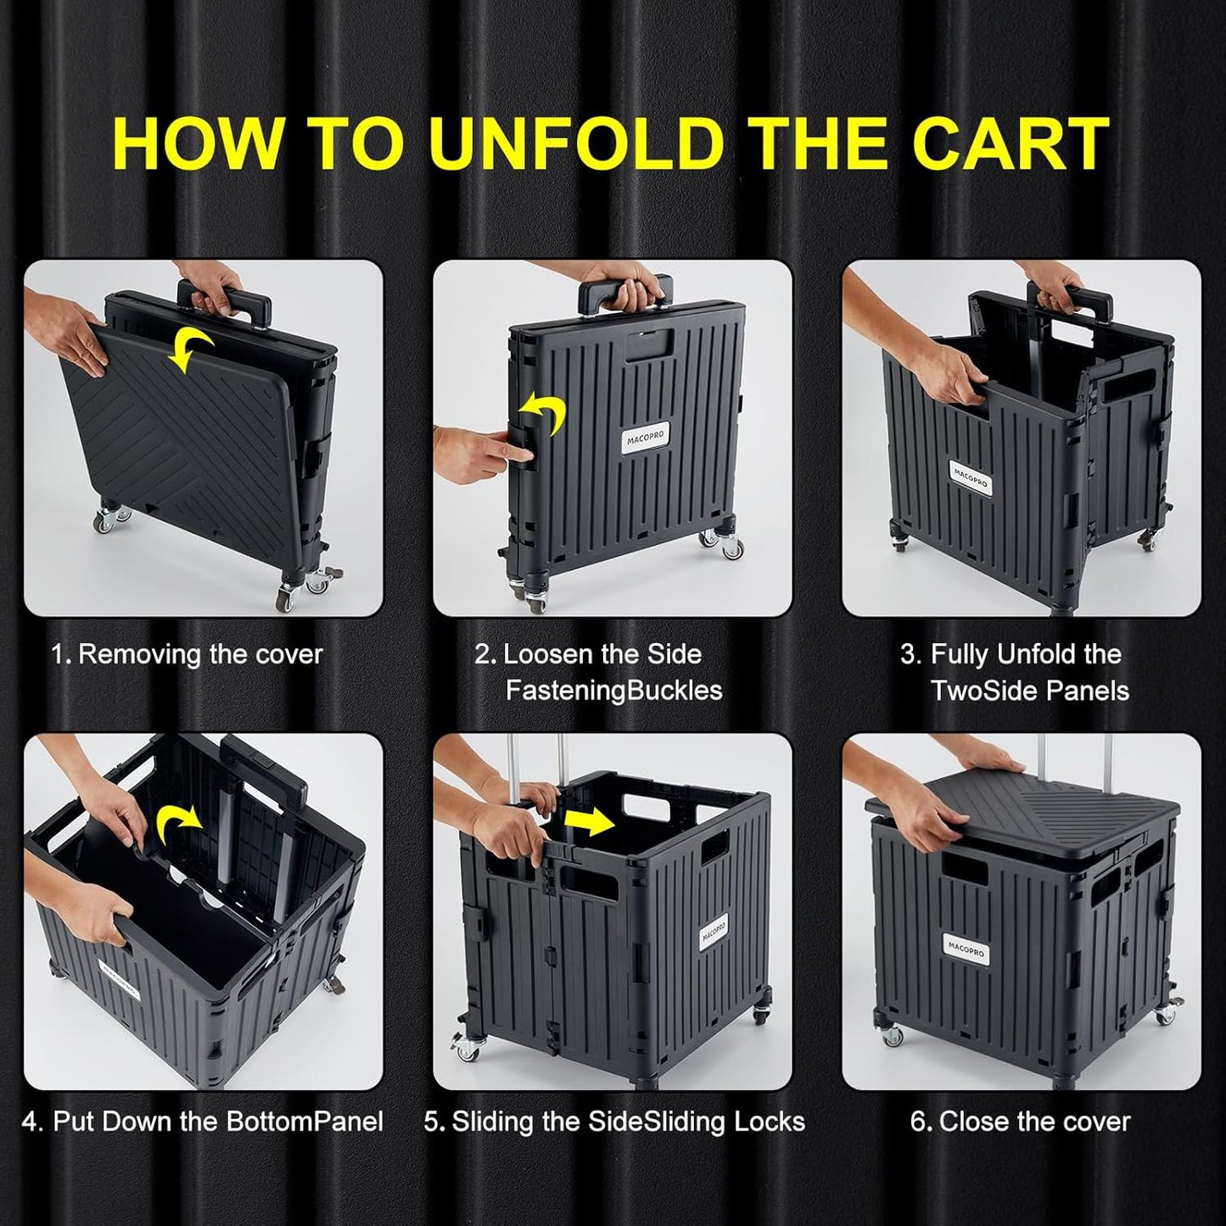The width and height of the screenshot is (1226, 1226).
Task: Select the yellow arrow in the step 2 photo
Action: pos(543,413)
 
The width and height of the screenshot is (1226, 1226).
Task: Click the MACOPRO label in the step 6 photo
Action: pos(965,948)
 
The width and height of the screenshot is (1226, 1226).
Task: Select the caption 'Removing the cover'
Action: pos(200,654)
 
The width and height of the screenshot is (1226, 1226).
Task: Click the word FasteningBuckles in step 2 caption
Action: pos(613,691)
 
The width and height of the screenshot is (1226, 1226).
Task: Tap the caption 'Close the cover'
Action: pos(1034,1122)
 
